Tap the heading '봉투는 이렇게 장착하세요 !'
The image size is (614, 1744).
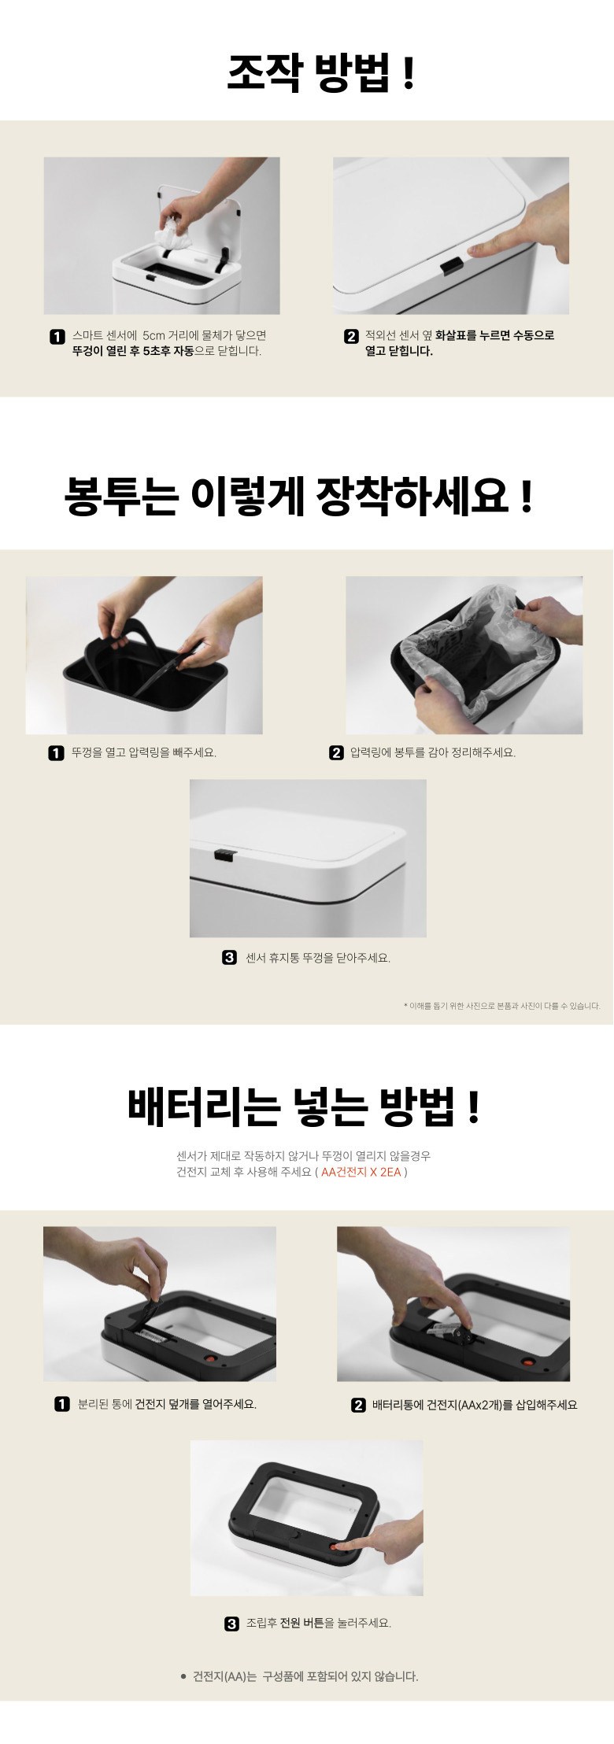click(x=298, y=496)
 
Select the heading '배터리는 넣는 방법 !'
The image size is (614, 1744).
click(x=303, y=1106)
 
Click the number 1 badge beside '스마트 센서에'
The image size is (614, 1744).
click(x=57, y=337)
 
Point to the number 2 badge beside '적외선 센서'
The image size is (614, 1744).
click(x=351, y=337)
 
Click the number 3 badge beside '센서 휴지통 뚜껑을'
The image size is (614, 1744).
click(x=229, y=958)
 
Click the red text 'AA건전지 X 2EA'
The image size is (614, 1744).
click(x=361, y=1172)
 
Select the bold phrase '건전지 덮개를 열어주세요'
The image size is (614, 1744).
click(x=196, y=1404)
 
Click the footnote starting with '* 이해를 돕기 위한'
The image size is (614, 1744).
click(x=501, y=1006)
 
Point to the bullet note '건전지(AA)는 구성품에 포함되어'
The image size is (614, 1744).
click(x=299, y=1676)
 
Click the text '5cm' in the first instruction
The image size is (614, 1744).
click(x=153, y=336)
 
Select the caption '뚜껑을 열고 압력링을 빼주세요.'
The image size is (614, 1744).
click(x=144, y=753)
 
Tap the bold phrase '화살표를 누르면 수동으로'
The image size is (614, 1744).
click(x=494, y=335)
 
